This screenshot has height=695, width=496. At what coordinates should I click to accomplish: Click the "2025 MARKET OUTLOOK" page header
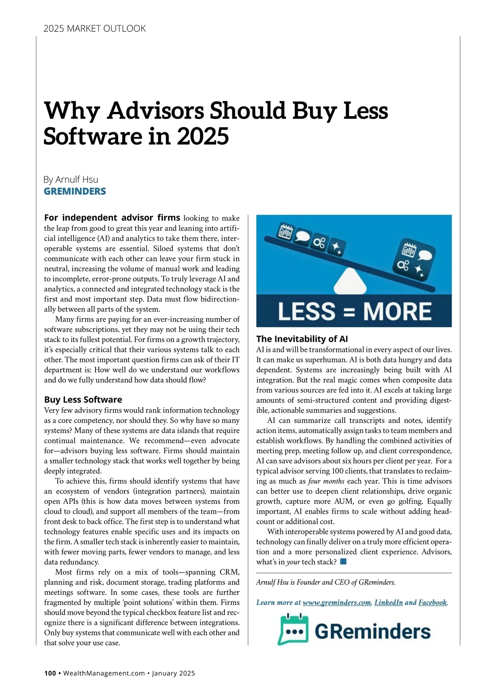(95, 29)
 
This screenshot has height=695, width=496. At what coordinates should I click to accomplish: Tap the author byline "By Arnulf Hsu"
(71, 180)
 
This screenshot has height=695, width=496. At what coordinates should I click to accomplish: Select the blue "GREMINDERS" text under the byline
(75, 191)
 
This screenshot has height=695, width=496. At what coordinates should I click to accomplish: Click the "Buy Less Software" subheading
(83, 400)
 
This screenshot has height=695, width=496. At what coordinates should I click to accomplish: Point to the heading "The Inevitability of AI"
(302, 339)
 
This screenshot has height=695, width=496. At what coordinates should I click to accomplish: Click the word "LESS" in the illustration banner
(306, 311)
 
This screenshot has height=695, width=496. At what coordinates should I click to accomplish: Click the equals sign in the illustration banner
(349, 312)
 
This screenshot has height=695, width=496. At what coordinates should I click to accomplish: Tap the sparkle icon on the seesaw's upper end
(336, 248)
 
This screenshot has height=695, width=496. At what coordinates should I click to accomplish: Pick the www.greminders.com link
(337, 602)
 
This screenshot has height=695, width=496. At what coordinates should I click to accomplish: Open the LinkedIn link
(389, 602)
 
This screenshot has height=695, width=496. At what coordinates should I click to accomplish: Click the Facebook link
(432, 602)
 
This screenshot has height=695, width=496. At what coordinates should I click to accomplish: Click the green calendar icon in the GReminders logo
(293, 630)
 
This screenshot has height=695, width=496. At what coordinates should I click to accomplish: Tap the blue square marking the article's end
(343, 561)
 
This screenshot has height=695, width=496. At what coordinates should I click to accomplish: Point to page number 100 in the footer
(50, 673)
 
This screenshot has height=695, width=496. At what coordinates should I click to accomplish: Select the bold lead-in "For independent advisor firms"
(112, 218)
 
